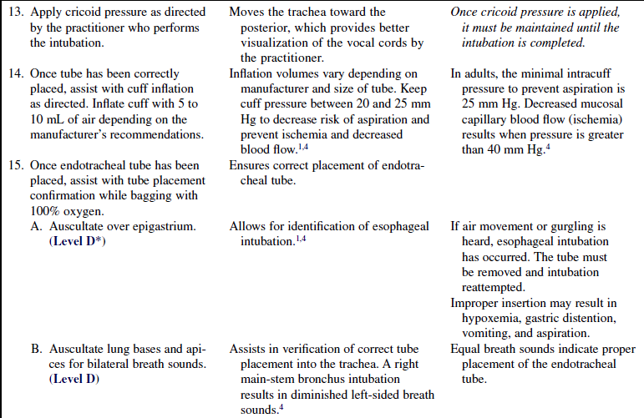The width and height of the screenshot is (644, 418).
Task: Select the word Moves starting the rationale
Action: pos(247,13)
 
